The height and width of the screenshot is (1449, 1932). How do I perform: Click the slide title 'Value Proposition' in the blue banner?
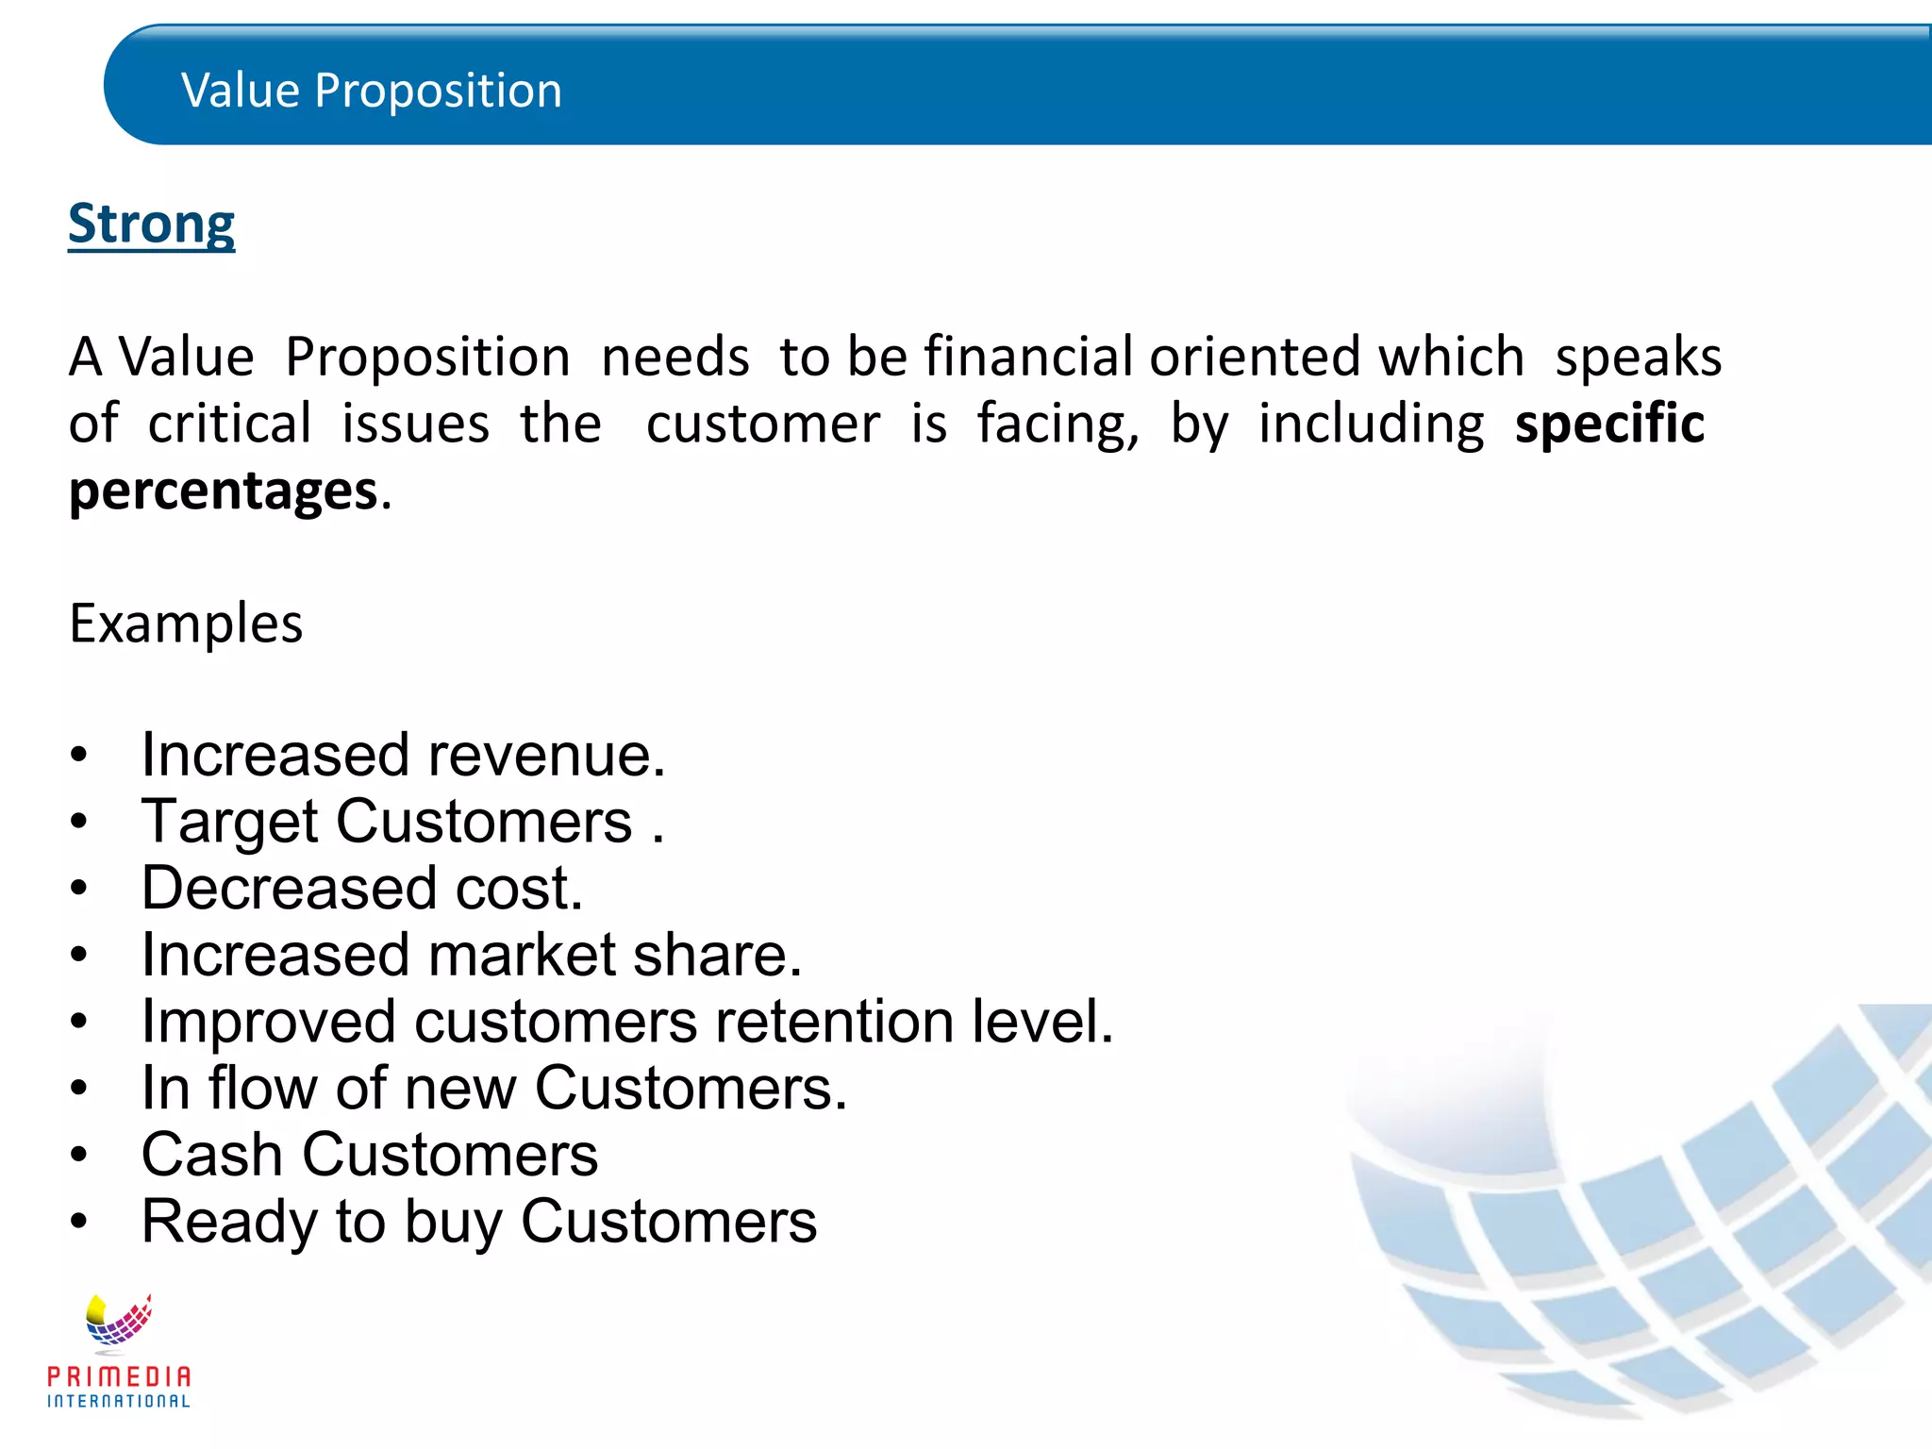pyautogui.click(x=372, y=91)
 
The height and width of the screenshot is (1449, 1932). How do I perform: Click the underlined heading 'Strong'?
pyautogui.click(x=151, y=225)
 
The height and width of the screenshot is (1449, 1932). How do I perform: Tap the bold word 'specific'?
pyautogui.click(x=1609, y=424)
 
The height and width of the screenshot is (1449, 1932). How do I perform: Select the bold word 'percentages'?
pyautogui.click(x=224, y=491)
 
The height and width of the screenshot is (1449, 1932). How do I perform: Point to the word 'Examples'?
pyautogui.click(x=186, y=624)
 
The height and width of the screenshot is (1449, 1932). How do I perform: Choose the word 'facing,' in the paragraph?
pyautogui.click(x=1058, y=424)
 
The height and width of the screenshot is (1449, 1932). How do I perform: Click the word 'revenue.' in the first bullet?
pyautogui.click(x=547, y=756)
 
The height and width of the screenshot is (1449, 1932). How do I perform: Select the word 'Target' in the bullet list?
pyautogui.click(x=230, y=822)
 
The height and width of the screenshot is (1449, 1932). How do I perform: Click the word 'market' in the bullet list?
pyautogui.click(x=522, y=956)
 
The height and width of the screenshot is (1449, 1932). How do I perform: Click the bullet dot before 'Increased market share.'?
pyautogui.click(x=79, y=956)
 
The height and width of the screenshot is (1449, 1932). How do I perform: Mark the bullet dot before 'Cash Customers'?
pyautogui.click(x=79, y=1155)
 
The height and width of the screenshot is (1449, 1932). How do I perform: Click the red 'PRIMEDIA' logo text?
pyautogui.click(x=119, y=1377)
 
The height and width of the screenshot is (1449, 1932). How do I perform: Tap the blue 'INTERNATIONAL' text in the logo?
pyautogui.click(x=119, y=1402)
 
